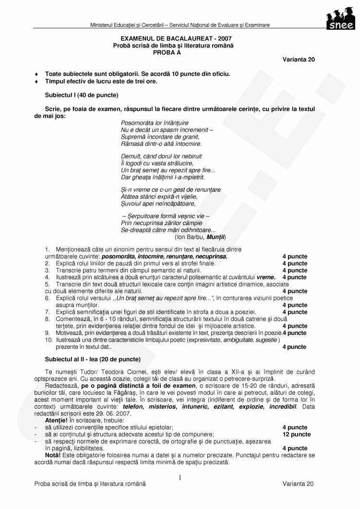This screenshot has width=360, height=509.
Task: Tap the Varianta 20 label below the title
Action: coord(299,59)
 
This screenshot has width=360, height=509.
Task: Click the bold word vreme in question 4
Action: coord(266,277)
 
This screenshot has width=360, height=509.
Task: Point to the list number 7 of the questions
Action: coord(47,312)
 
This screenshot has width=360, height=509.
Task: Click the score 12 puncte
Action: coord(296,434)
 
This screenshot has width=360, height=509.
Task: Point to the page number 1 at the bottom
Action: coord(180,477)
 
